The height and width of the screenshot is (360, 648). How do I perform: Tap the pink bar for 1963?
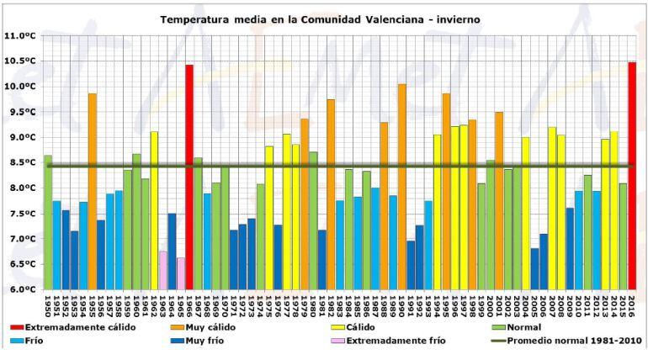163,270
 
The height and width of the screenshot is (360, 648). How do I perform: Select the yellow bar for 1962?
154,210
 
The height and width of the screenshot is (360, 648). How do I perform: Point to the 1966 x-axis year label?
190,304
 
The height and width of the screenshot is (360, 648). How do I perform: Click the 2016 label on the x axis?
631,304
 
